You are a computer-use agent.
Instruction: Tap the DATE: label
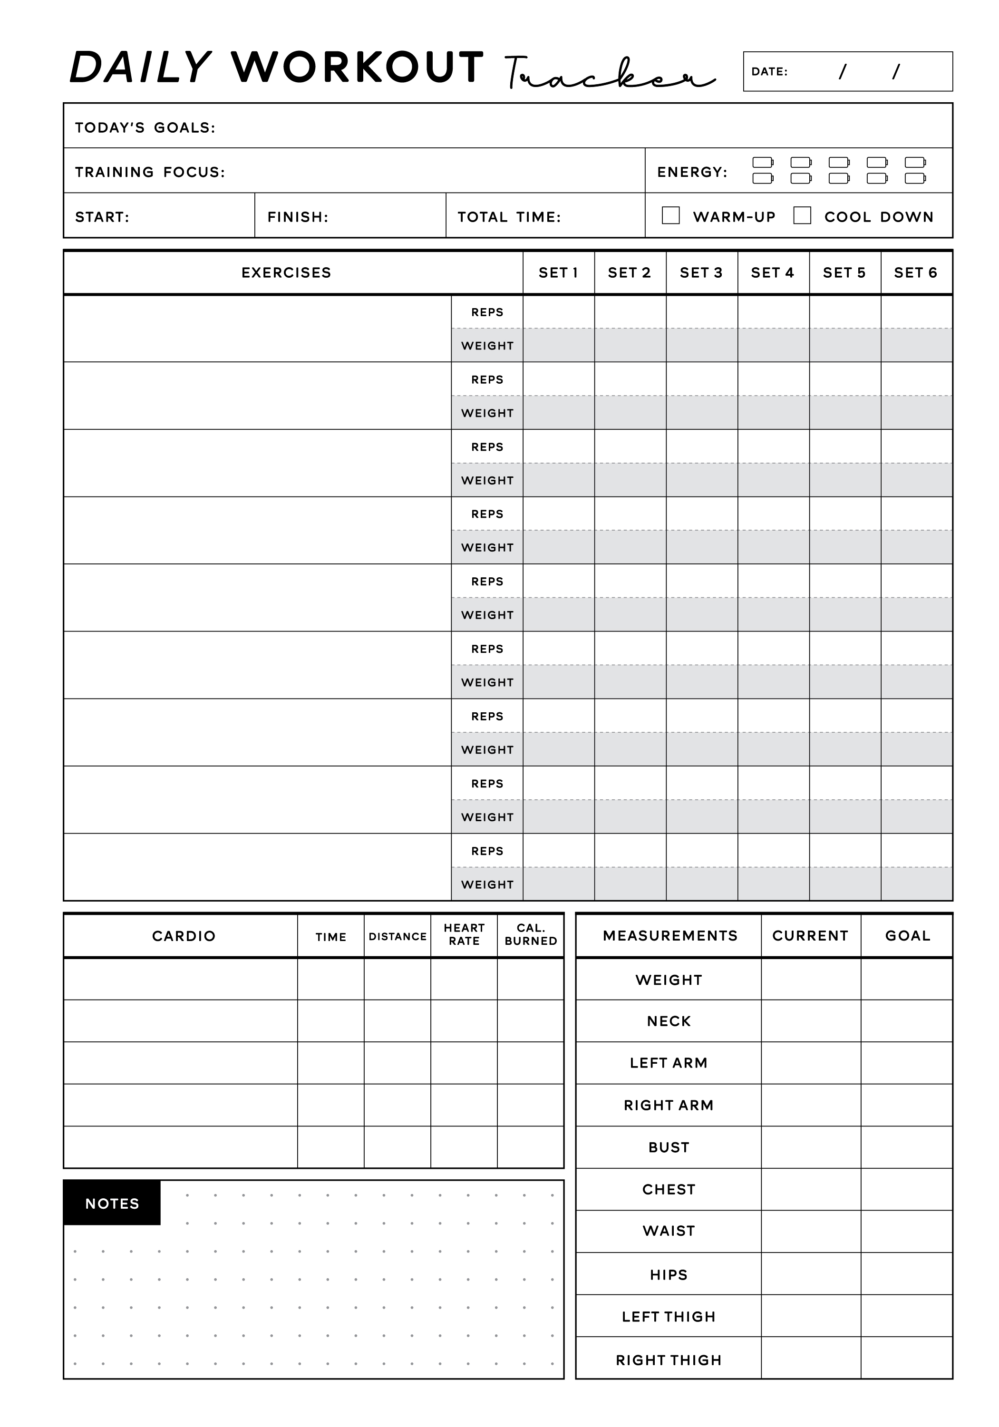coord(769,71)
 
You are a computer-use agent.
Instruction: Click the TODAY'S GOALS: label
coord(145,127)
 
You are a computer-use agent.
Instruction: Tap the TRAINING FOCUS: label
coord(150,172)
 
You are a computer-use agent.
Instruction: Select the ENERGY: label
coord(692,172)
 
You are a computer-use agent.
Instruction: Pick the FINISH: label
coord(298,217)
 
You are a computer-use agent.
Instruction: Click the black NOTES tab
coord(112,1203)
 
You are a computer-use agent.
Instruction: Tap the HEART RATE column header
coord(464,934)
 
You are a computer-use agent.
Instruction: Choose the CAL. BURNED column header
coord(530,934)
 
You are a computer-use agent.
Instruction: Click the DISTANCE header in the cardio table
coord(397,936)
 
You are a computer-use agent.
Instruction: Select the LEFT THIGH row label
coord(668,1316)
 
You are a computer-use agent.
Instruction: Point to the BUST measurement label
coord(668,1147)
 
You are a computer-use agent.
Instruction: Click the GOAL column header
coord(907,935)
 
